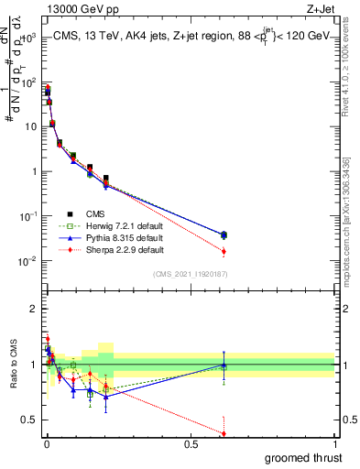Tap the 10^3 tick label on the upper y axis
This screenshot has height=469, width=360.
click(27, 38)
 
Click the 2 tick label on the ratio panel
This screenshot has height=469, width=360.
click(34, 309)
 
